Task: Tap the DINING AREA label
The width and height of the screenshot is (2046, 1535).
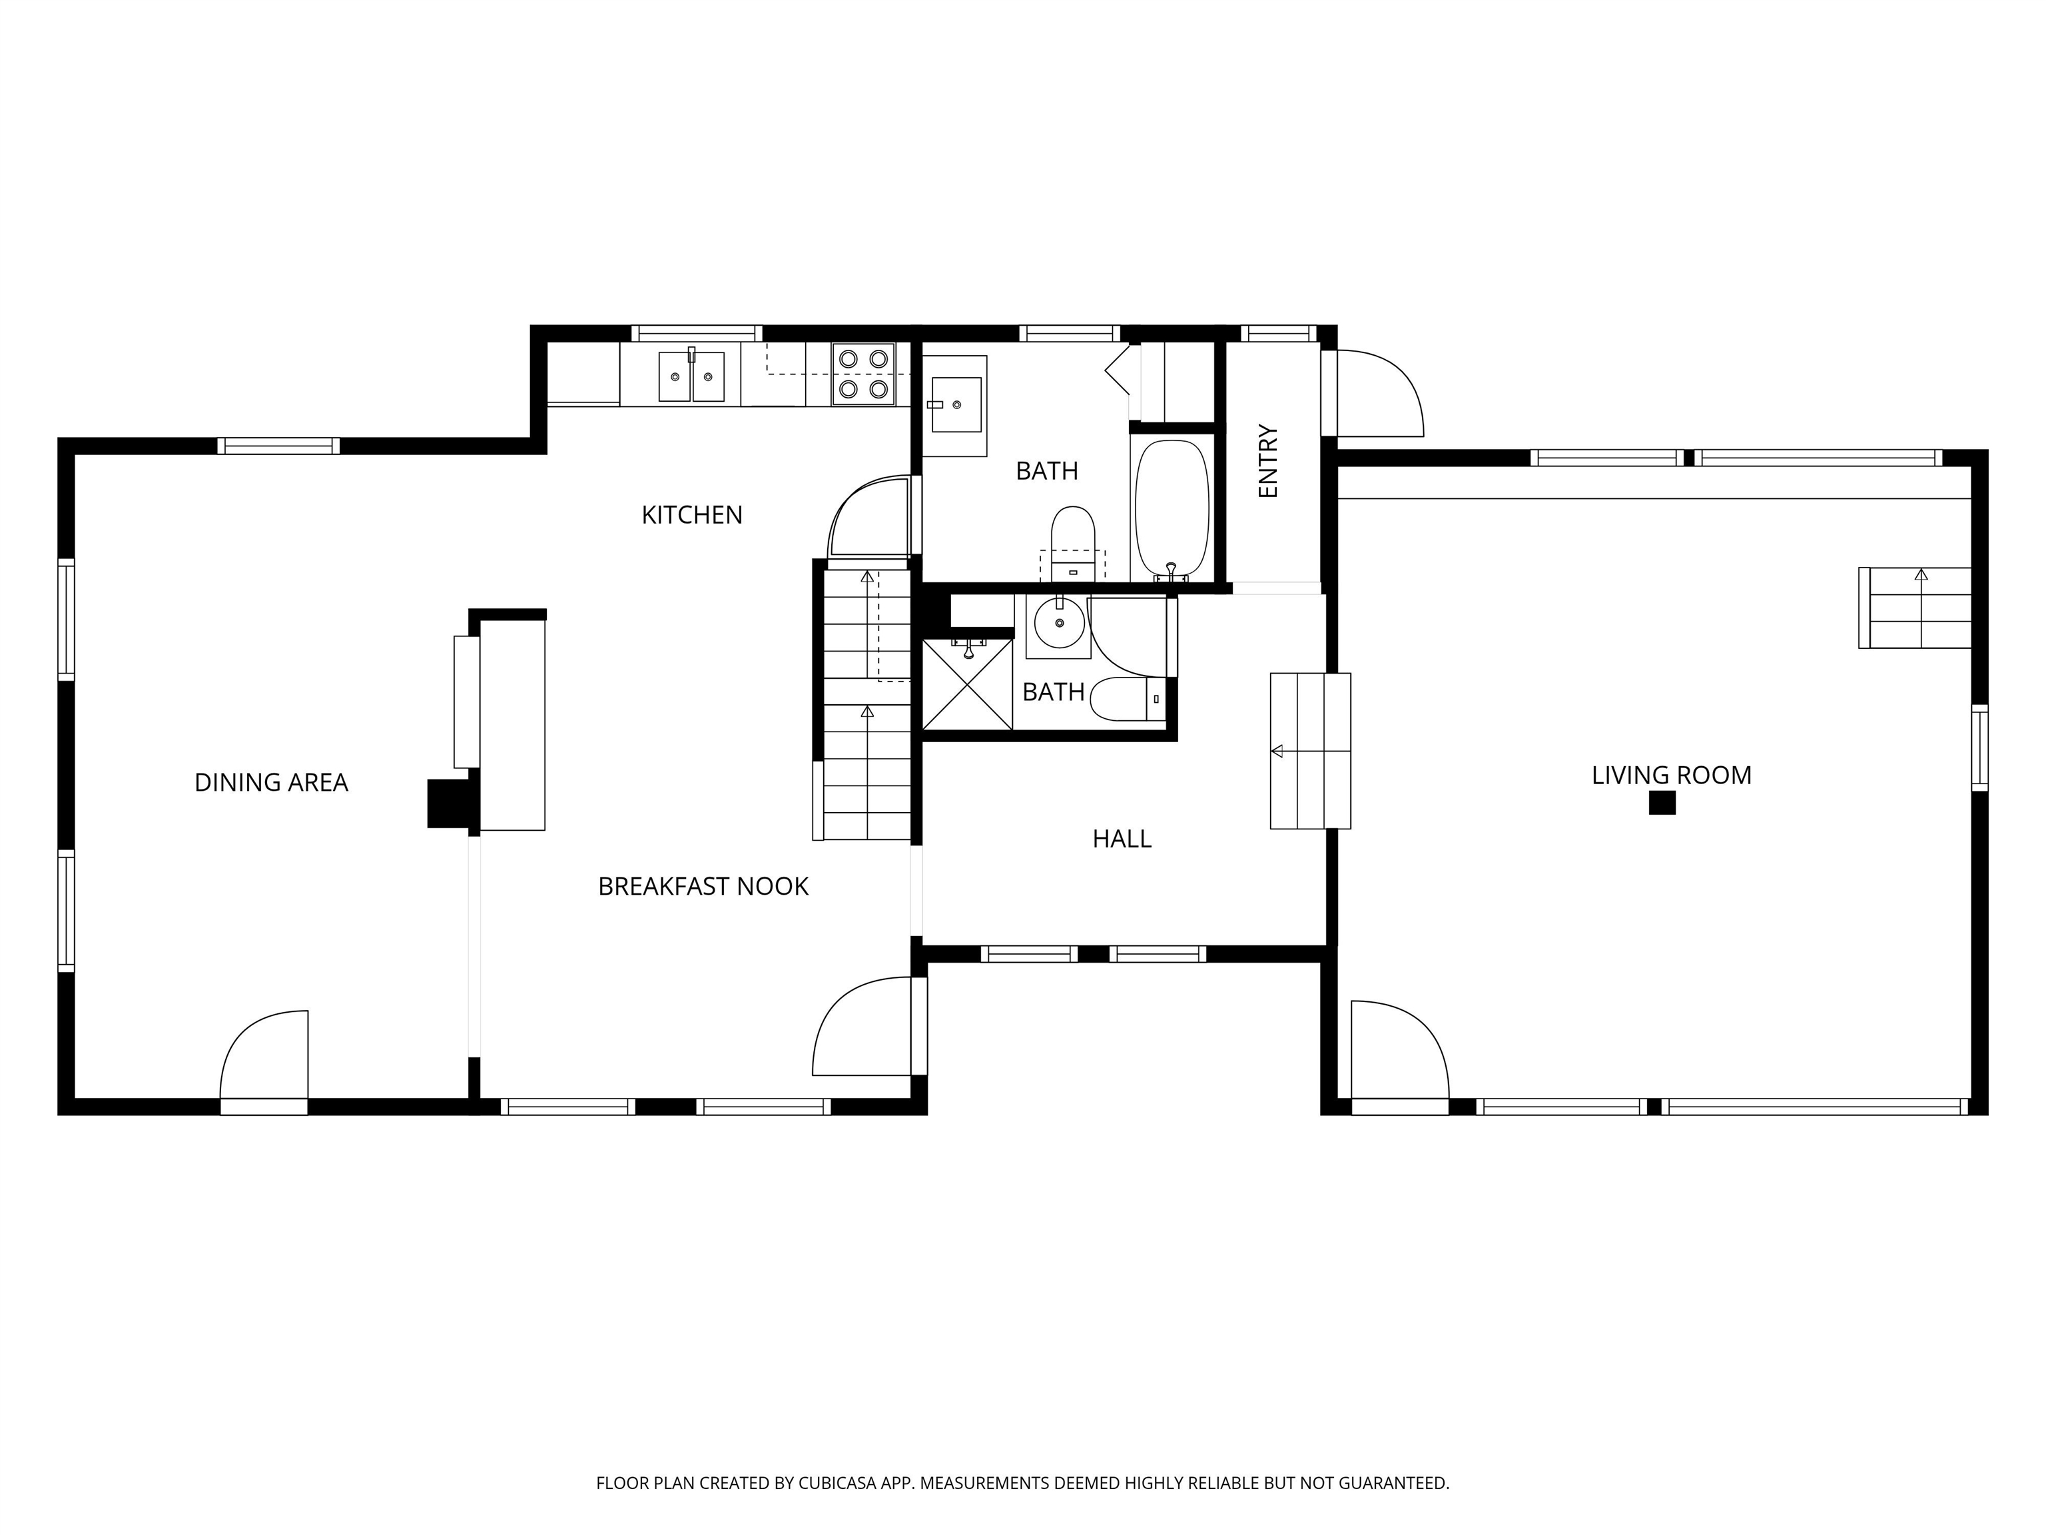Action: point(271,783)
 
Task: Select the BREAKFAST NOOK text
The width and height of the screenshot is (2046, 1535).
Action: point(703,886)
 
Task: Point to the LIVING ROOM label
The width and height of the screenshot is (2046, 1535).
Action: point(1670,775)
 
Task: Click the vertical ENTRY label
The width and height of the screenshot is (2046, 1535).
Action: point(1268,462)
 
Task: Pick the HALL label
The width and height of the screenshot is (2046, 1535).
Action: point(1121,839)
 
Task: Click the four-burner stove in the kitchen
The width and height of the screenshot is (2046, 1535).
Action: point(863,374)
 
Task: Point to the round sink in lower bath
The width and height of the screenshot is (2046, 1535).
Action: point(1059,624)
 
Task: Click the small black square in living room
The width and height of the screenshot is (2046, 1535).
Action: point(1662,803)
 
